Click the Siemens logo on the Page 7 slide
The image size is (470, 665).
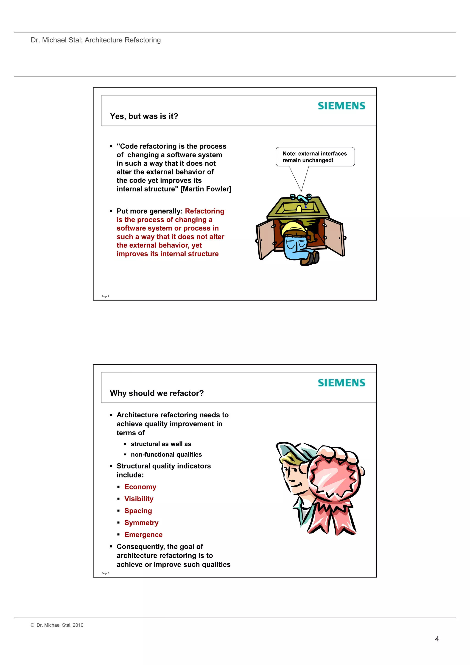341,106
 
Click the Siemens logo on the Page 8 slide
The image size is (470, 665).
341,383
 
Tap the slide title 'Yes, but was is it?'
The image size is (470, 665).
144,116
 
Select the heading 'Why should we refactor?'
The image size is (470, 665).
157,393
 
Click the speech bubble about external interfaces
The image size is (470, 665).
315,157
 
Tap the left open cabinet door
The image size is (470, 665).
265,239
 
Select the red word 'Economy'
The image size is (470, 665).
140,487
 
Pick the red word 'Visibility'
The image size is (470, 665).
139,499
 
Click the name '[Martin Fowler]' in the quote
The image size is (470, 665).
206,189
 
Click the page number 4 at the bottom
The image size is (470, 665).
437,639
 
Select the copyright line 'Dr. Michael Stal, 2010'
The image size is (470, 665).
60,625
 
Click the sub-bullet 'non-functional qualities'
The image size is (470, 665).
166,455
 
